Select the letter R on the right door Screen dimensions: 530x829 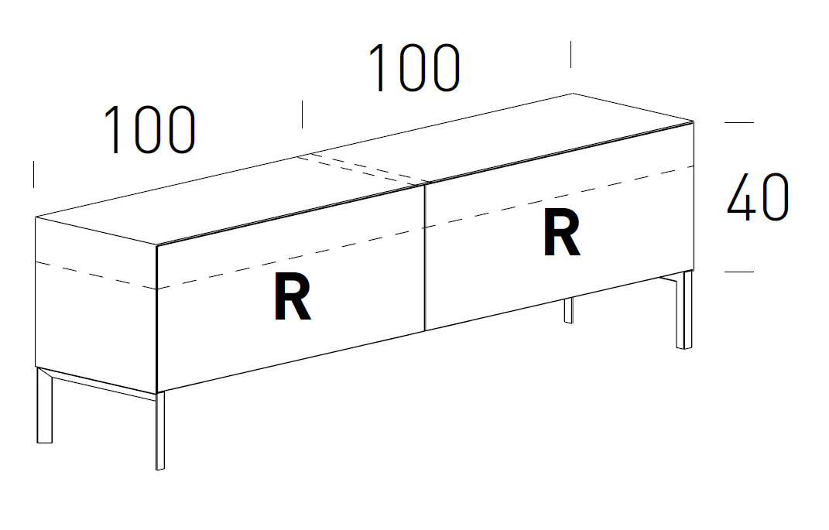point(561,235)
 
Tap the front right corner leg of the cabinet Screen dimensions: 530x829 point(684,309)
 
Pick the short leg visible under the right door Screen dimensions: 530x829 point(568,309)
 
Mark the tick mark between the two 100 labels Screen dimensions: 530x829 point(302,114)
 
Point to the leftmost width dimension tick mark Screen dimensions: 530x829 point(34,174)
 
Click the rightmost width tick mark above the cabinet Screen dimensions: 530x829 point(571,54)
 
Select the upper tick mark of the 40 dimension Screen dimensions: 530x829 point(738,122)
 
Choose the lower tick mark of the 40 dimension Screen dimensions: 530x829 point(738,272)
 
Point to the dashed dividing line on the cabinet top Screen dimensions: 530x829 point(364,169)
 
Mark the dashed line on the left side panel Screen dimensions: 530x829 point(97,275)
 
